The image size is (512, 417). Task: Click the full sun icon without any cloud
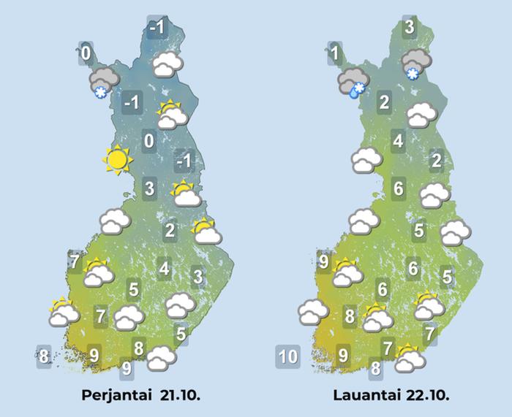pyautogui.click(x=117, y=159)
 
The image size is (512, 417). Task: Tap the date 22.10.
pyautogui.click(x=427, y=395)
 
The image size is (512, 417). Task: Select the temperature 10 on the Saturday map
pyautogui.click(x=287, y=357)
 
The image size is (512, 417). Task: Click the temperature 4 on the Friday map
pyautogui.click(x=164, y=269)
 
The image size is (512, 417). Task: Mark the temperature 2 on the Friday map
pyautogui.click(x=170, y=231)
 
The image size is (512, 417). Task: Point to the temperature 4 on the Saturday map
pyautogui.click(x=398, y=140)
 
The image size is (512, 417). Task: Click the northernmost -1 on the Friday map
pyautogui.click(x=157, y=28)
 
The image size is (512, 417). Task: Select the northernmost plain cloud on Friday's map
pyautogui.click(x=169, y=65)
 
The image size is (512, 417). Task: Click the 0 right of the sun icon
pyautogui.click(x=148, y=141)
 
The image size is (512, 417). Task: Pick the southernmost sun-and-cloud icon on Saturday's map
pyautogui.click(x=410, y=357)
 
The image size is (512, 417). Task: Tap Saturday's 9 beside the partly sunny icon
pyautogui.click(x=324, y=259)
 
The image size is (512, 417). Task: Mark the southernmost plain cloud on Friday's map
pyautogui.click(x=160, y=358)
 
